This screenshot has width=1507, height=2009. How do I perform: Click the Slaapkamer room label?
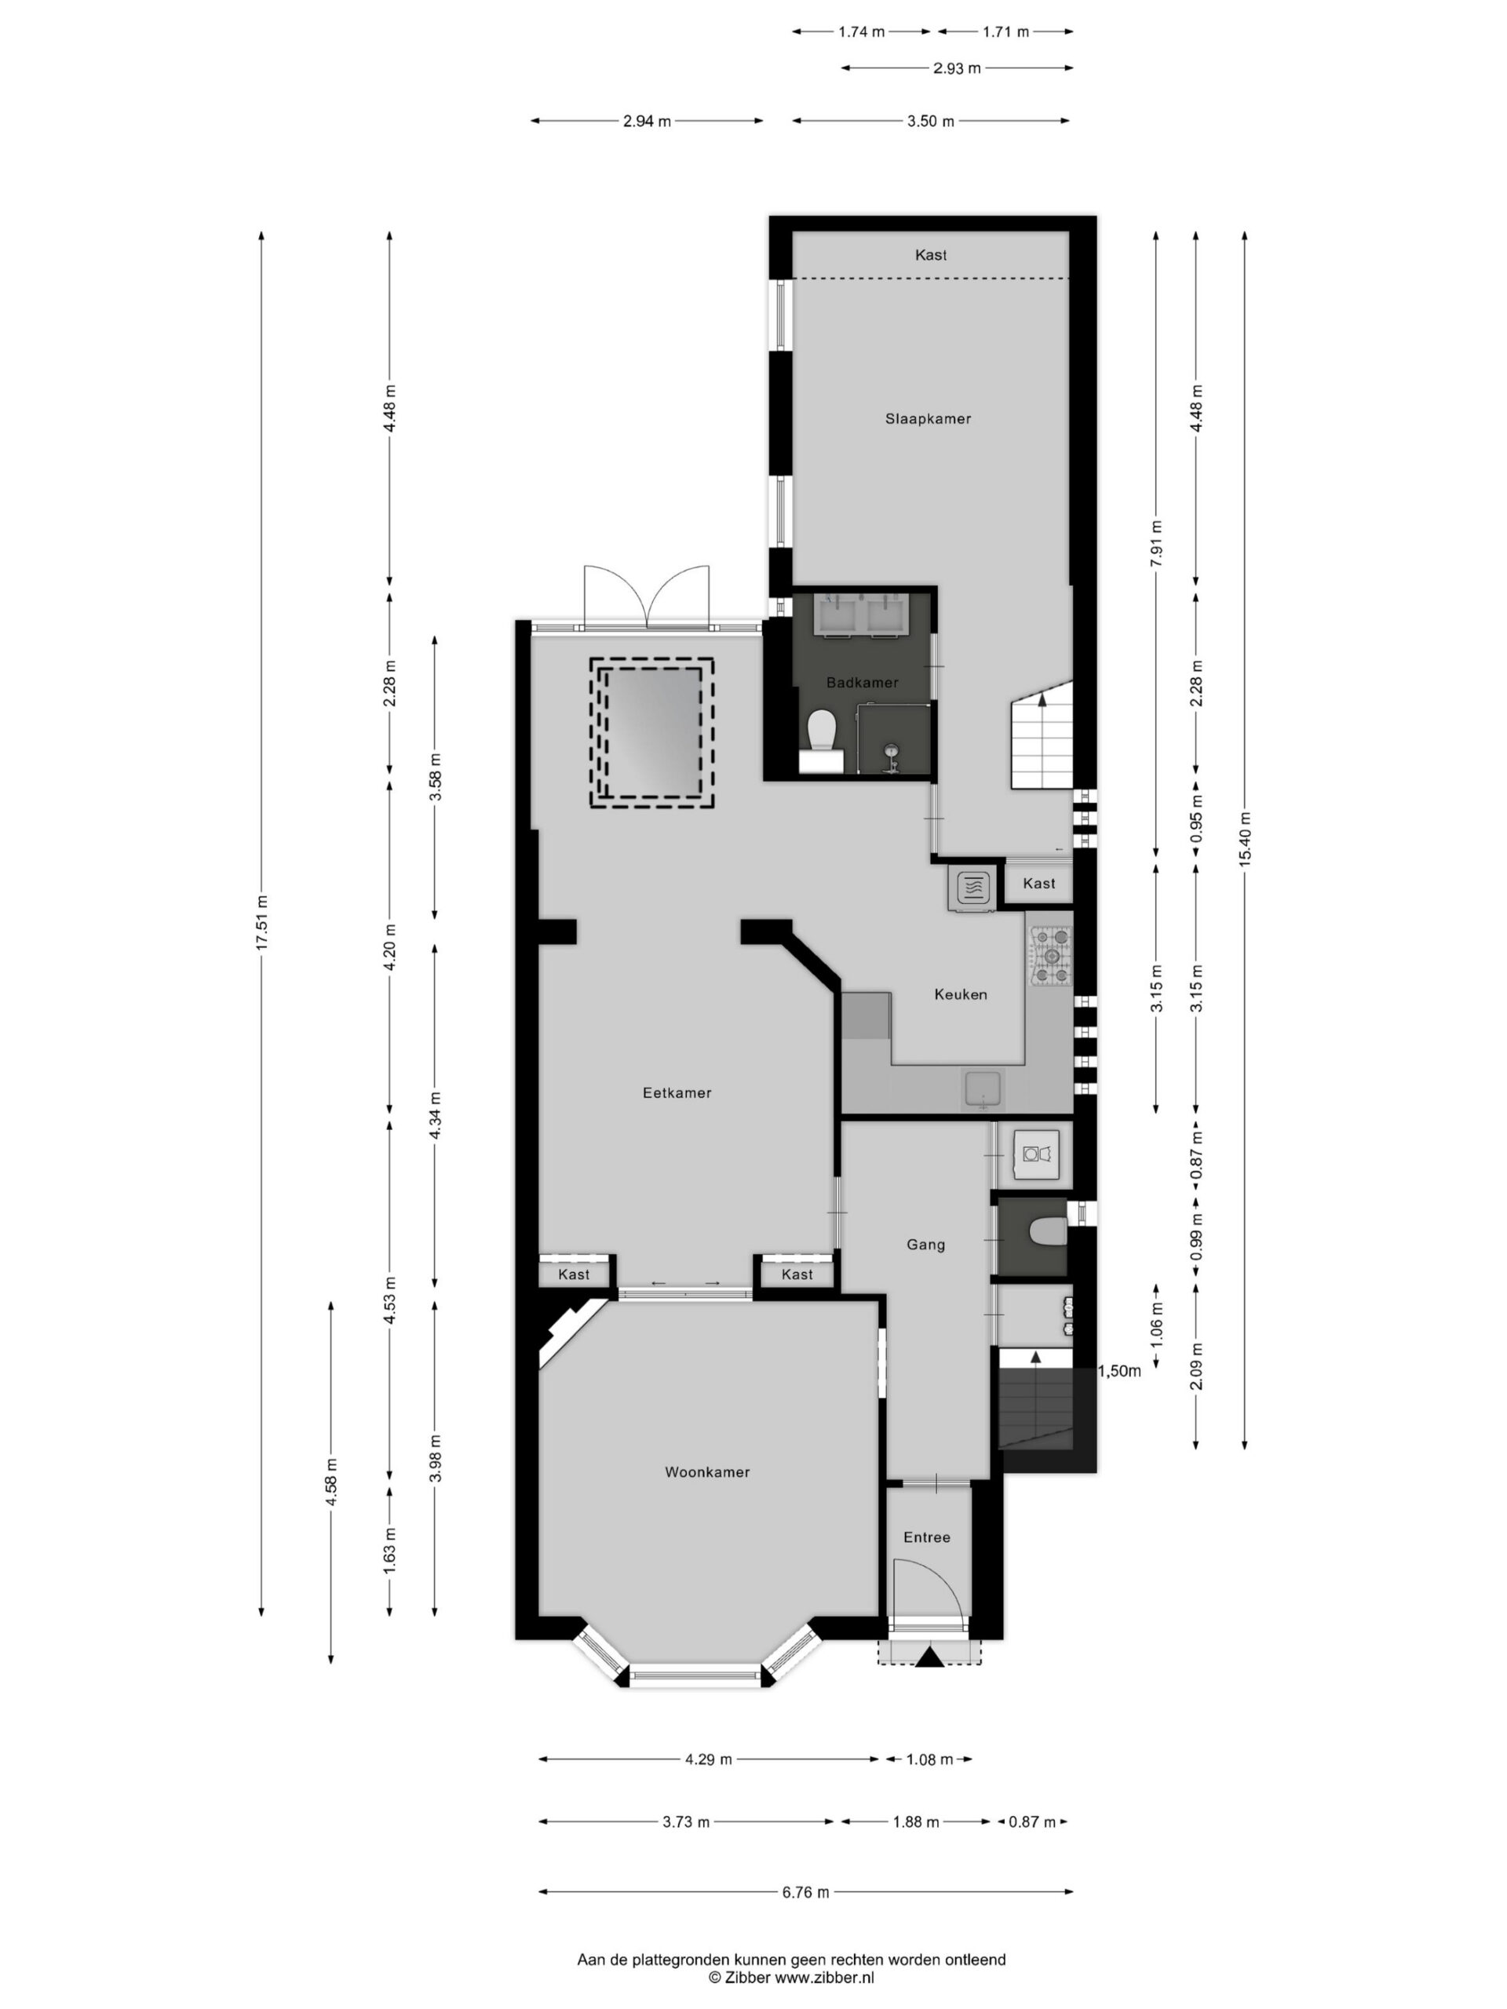pyautogui.click(x=928, y=419)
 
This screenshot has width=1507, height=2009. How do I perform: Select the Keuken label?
pyautogui.click(x=960, y=994)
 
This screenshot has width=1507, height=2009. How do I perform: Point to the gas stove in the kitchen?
pyautogui.click(x=1050, y=956)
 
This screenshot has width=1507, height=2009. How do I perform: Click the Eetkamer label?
pyautogui.click(x=677, y=1092)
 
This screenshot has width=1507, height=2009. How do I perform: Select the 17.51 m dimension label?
pyautogui.click(x=261, y=923)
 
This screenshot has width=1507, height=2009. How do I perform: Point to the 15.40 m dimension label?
pyautogui.click(x=1245, y=838)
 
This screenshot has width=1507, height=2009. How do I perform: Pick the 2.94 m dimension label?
pyautogui.click(x=647, y=121)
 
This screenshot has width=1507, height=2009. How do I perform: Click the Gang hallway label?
pyautogui.click(x=925, y=1245)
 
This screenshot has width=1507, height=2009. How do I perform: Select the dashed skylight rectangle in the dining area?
pyautogui.click(x=651, y=733)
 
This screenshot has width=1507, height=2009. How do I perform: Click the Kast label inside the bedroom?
pyautogui.click(x=930, y=255)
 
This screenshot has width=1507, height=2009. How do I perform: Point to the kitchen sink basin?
pyautogui.click(x=983, y=1090)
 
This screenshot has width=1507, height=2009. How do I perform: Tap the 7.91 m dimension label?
pyautogui.click(x=1155, y=543)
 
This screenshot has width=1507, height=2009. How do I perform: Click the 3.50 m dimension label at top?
pyautogui.click(x=930, y=121)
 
